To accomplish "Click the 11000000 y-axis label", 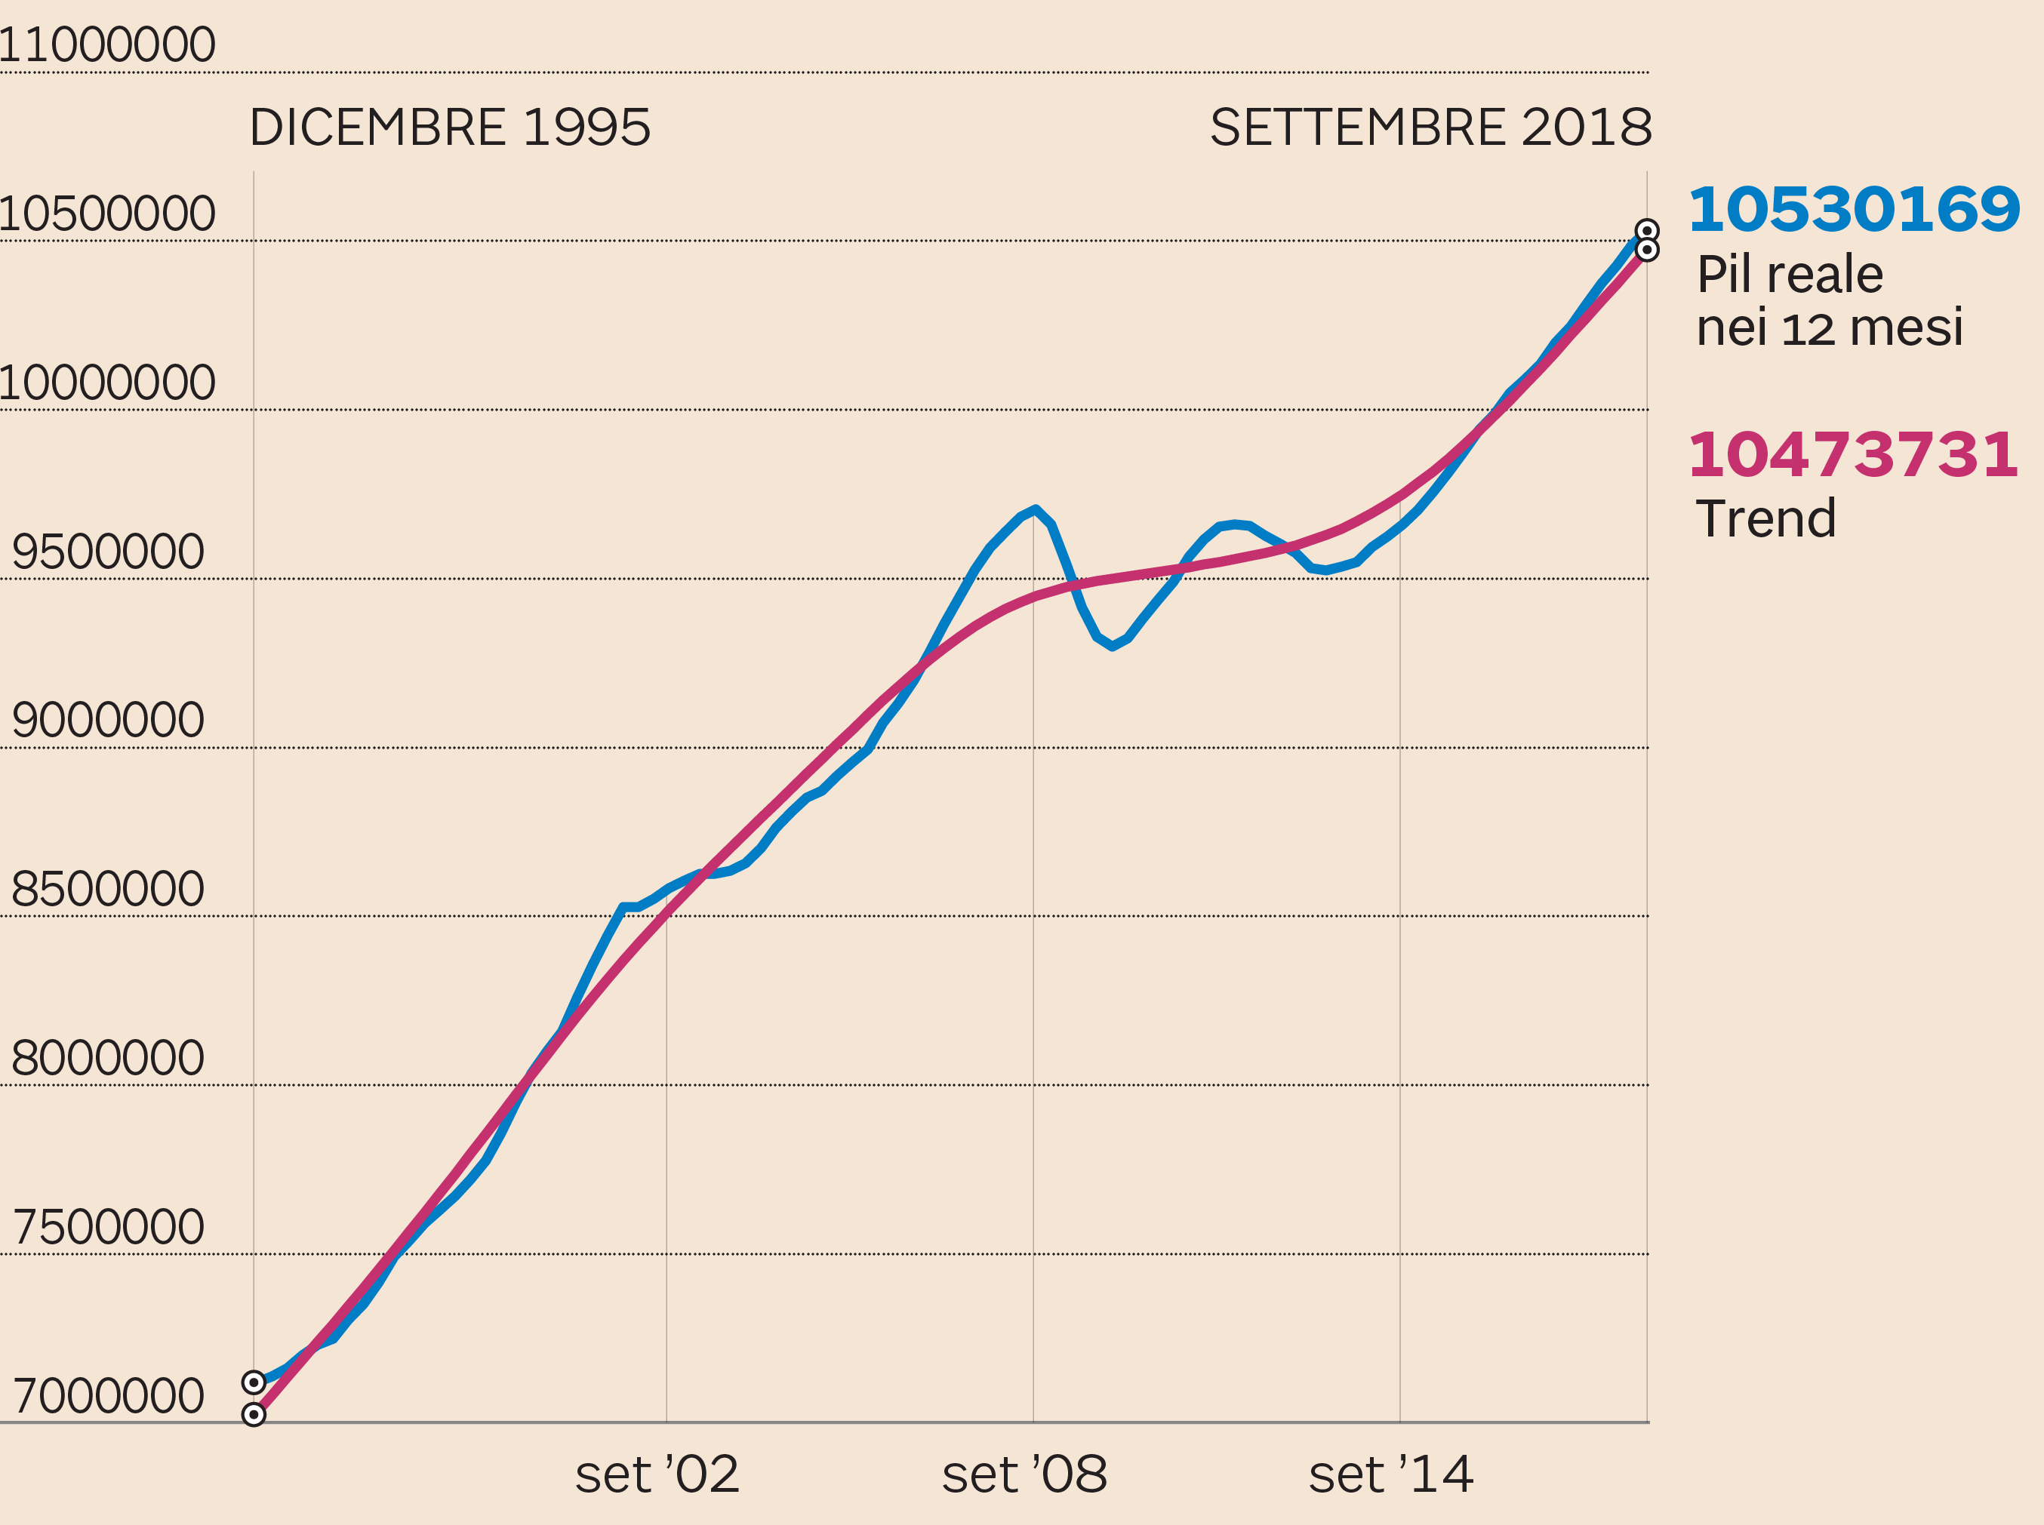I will [x=107, y=45].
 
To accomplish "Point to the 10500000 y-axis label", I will [x=107, y=214].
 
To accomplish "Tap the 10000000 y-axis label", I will [x=107, y=383].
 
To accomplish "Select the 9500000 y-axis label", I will [x=108, y=552].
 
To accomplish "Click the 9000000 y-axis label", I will [x=108, y=720].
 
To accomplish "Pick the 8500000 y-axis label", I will [x=108, y=889].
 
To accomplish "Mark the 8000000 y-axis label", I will [x=108, y=1058].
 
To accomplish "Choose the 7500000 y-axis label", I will [x=108, y=1227].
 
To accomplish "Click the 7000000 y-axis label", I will [x=108, y=1396].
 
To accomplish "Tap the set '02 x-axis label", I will [x=657, y=1474].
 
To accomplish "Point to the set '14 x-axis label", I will [x=1391, y=1474].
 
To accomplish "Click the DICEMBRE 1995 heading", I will [x=451, y=128].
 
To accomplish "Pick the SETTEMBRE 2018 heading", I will [x=1431, y=128].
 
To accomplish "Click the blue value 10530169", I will [x=1854, y=210].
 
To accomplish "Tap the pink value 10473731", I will [x=1853, y=455].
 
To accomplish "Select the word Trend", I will [x=1766, y=519].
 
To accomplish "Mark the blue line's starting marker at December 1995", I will [x=254, y=1382].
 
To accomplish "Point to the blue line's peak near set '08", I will [x=1036, y=509].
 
